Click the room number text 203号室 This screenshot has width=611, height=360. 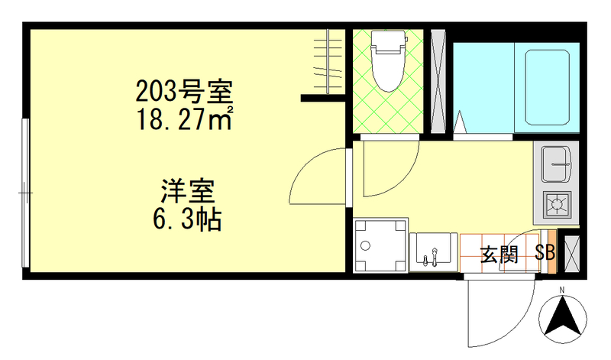(x=183, y=93)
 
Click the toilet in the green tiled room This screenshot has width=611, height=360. (x=387, y=61)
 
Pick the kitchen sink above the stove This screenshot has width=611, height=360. (x=556, y=161)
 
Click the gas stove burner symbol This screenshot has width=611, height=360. (x=557, y=204)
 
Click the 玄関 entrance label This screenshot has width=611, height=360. (x=499, y=255)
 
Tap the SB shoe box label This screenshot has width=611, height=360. (x=545, y=253)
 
